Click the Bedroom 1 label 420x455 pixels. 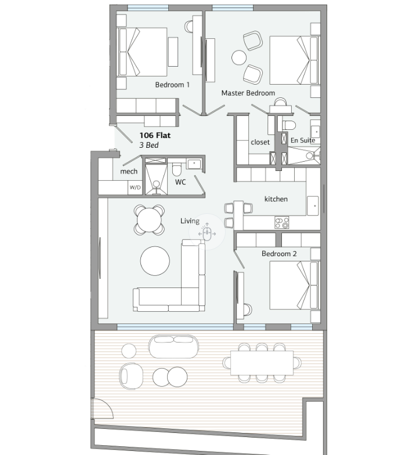click(172, 85)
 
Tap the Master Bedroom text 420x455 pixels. click(248, 93)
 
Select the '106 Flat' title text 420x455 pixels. click(155, 135)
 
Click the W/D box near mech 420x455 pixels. click(135, 187)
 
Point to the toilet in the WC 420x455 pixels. click(176, 169)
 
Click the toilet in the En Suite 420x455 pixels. click(289, 125)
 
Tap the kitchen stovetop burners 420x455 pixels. click(282, 223)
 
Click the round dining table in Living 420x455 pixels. click(149, 220)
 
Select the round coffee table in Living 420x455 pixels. click(155, 261)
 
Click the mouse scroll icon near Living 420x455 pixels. click(207, 234)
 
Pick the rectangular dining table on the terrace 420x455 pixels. click(262, 363)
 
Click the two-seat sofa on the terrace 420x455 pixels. click(174, 347)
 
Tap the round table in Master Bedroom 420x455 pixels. click(239, 58)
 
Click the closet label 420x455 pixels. click(260, 142)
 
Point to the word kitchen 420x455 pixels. click(276, 199)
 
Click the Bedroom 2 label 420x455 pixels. click(279, 254)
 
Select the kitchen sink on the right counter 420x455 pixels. click(313, 205)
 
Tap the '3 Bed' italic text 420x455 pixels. click(149, 145)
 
